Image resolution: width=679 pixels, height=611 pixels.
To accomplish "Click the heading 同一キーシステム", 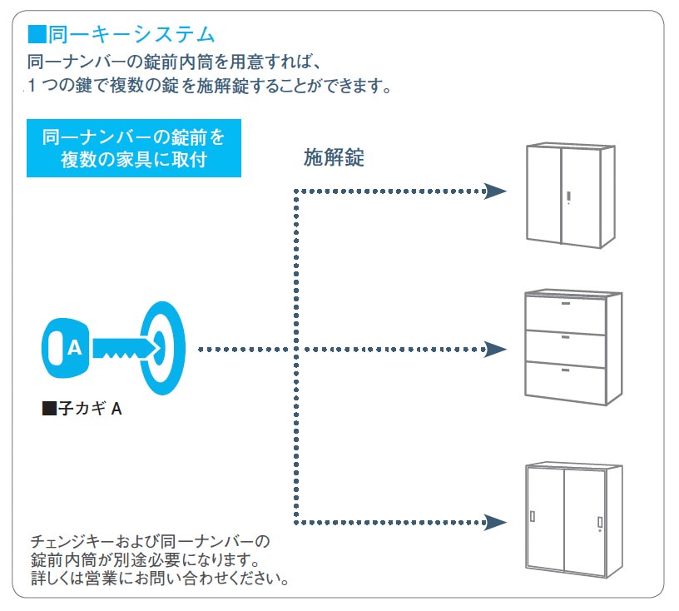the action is [131, 34].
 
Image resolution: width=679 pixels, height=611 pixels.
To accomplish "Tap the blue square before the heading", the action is [37, 34].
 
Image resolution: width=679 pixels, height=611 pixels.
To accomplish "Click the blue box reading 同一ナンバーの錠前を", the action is [134, 148].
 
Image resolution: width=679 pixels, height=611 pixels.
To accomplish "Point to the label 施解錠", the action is [334, 156].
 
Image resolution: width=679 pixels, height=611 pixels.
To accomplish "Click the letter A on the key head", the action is [75, 348].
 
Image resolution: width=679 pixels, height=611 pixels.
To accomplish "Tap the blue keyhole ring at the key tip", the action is [163, 348].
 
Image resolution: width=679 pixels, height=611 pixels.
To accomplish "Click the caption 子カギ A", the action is [90, 409].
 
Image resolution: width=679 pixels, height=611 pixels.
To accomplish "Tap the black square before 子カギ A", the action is [49, 409].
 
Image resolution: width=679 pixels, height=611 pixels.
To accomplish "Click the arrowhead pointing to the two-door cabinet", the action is [495, 191].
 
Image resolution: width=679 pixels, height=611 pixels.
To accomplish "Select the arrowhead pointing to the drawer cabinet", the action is [495, 350].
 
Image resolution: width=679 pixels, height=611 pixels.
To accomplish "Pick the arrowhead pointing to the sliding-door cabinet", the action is [495, 522].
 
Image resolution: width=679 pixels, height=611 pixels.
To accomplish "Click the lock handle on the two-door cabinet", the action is [568, 197].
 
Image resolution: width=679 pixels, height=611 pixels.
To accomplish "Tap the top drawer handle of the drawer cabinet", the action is [566, 303].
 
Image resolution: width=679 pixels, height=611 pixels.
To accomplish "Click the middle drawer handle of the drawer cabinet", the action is [566, 336].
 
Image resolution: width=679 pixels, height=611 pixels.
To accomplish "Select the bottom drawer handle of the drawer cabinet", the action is [566, 370].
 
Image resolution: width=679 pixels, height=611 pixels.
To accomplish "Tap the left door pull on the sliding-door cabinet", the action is [533, 516].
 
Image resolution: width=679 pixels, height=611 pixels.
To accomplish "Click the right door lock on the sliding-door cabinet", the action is [600, 524].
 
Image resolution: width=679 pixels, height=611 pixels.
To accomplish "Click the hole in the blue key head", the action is [56, 348].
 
